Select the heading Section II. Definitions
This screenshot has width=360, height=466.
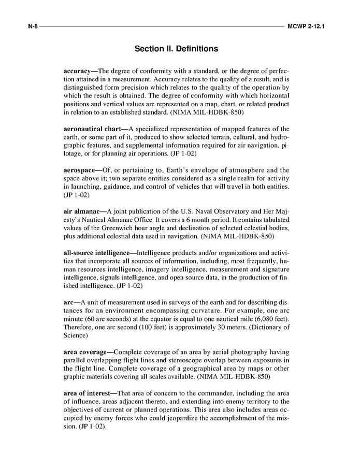pos(176,49)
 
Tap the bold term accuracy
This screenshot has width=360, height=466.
pos(80,70)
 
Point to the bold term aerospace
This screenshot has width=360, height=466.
pos(80,170)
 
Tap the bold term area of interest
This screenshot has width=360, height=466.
pos(86,393)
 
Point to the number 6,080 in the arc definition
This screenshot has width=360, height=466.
pos(261,319)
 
